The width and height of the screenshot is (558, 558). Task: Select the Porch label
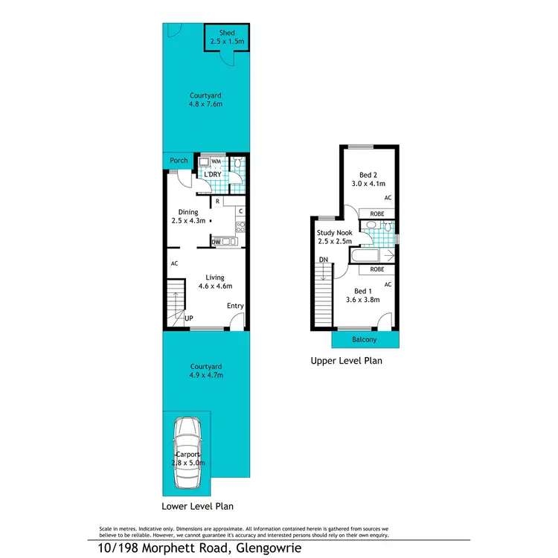pos(179,161)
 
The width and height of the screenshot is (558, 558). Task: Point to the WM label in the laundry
pos(217,161)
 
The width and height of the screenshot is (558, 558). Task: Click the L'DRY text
pos(214,175)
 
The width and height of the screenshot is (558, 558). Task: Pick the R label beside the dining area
pos(217,201)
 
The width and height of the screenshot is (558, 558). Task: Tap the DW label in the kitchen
pos(216,241)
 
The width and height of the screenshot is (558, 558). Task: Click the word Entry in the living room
pos(235,306)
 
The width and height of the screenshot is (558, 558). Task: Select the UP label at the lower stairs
pos(189,318)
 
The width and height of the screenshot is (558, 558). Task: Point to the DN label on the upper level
pos(323,260)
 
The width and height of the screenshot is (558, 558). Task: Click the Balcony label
pos(364,340)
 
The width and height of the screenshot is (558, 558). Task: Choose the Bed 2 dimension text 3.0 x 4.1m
pos(366,182)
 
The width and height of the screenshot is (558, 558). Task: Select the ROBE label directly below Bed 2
pos(376,213)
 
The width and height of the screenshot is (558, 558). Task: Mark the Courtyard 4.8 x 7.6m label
pos(206,100)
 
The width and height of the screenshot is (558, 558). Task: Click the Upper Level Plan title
pos(346,362)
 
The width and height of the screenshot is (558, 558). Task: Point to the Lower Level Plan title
pos(198,506)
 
